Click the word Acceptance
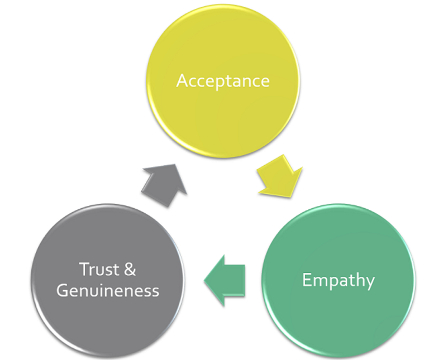click(223, 81)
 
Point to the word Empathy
click(339, 280)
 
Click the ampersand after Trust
click(129, 270)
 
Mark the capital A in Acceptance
click(182, 81)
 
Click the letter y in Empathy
click(369, 282)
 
